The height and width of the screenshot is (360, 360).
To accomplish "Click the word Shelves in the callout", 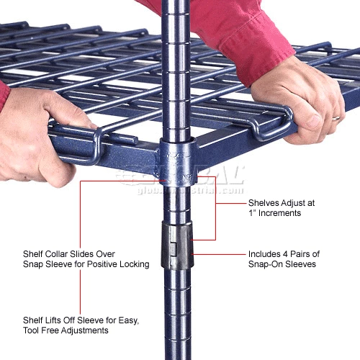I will (x=265, y=203).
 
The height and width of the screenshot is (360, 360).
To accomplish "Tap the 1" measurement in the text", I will (x=252, y=213).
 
